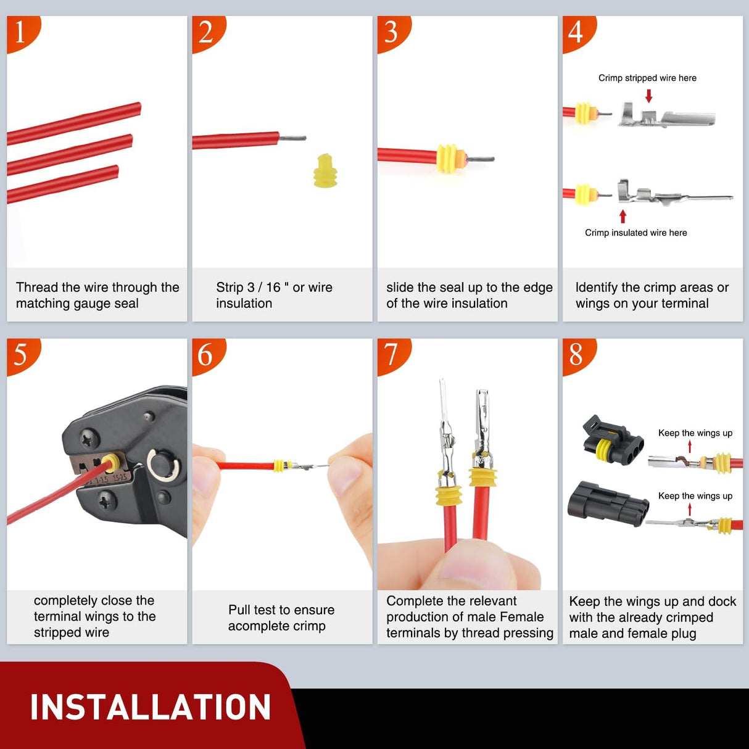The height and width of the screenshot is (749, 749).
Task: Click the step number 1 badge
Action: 20,32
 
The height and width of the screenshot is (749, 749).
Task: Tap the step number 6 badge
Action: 205,355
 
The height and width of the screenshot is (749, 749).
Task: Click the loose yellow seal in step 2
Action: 325,171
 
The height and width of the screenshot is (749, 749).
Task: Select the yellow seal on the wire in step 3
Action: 449,158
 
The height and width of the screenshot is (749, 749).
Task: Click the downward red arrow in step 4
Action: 648,96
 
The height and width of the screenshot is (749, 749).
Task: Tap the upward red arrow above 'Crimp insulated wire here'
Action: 623,216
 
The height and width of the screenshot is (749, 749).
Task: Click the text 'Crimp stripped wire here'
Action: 647,78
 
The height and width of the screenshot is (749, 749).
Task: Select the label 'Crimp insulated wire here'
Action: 635,233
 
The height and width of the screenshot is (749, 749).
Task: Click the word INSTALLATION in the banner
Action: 151,707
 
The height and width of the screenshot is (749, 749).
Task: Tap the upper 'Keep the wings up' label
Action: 695,433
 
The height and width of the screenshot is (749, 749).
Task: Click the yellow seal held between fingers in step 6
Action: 279,465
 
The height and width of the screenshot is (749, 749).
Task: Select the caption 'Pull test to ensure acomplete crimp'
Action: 281,618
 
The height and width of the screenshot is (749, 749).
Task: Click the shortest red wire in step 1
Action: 62,184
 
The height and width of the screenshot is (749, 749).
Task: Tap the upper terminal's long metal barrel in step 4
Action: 688,118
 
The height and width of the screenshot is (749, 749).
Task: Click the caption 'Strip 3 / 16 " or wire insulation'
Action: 274,295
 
